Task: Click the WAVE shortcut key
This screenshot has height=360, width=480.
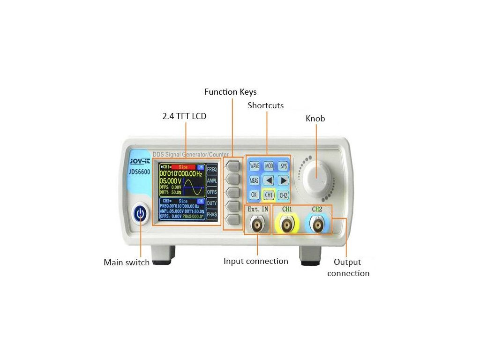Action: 254,166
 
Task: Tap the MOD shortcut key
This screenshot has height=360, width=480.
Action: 269,166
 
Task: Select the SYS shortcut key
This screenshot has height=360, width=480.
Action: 283,166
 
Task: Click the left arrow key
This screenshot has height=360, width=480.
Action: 269,180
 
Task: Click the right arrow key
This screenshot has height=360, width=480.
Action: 283,180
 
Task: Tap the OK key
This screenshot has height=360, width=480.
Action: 254,195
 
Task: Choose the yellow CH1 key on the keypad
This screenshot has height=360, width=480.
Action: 269,195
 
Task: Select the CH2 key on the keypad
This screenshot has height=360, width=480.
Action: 283,195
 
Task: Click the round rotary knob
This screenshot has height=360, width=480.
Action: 316,175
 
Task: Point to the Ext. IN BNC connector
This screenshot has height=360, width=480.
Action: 257,225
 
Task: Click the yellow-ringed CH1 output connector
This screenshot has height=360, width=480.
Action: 287,226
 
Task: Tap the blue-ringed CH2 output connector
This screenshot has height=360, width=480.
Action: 317,226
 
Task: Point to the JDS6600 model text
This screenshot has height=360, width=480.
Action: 140,172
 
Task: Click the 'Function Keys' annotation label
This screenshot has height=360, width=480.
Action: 230,92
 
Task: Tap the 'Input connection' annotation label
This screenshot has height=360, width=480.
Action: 255,261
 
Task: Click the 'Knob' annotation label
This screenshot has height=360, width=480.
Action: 315,119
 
